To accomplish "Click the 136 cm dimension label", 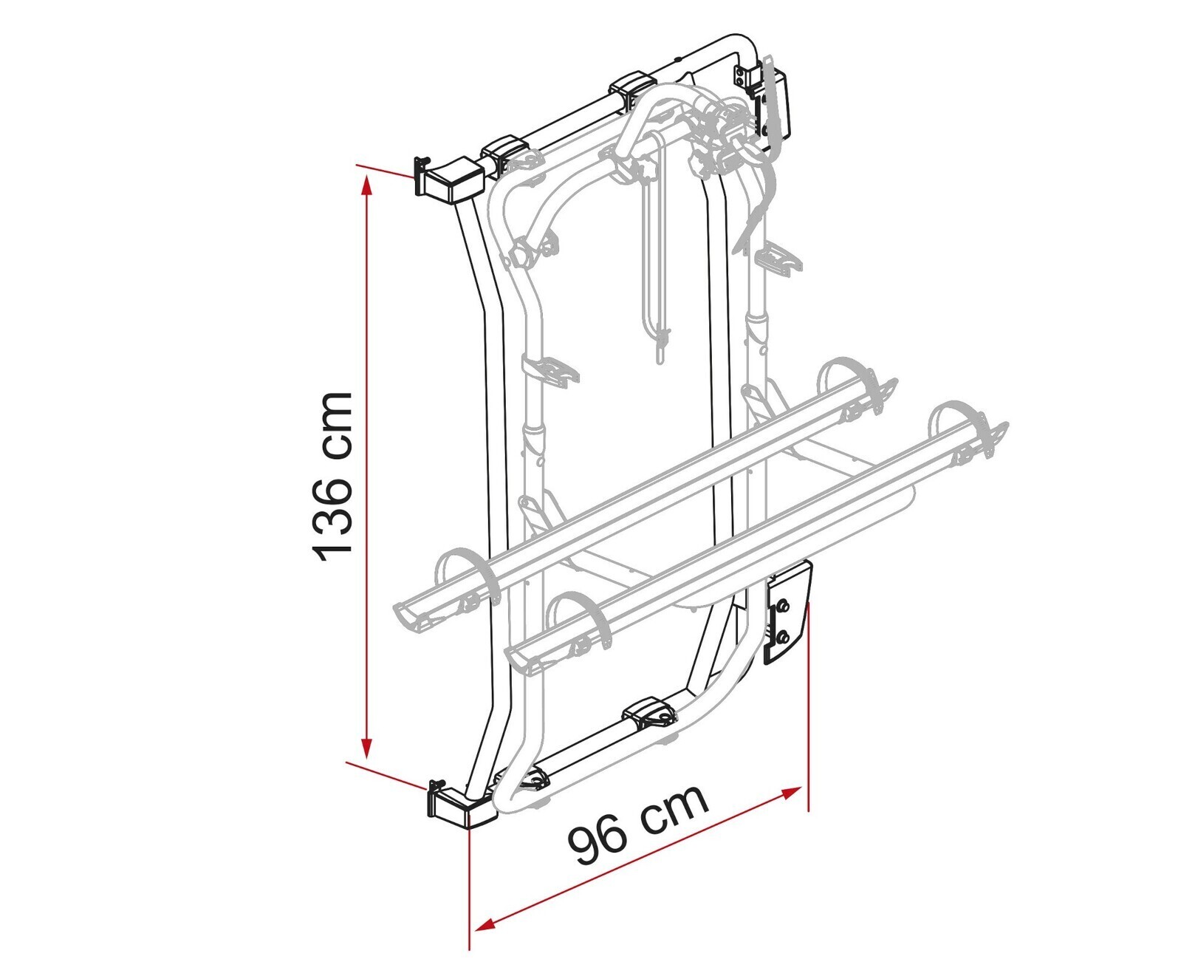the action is coord(332,477).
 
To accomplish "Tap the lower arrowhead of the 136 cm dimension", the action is coord(365,746).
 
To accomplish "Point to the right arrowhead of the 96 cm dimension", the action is coord(789,794).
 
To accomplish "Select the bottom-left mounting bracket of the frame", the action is coord(459,808).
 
